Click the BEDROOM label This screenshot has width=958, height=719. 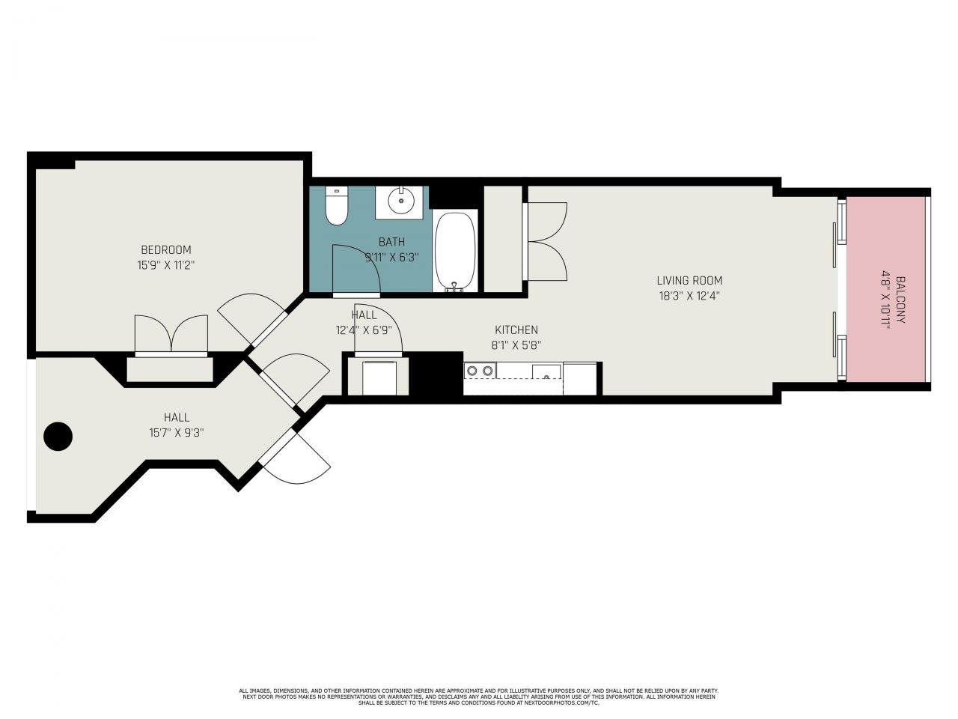tap(166, 249)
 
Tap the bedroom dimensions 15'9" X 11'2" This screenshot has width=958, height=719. tap(166, 264)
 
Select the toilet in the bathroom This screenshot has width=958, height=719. tap(337, 206)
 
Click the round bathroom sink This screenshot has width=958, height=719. tap(402, 200)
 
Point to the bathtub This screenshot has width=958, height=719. tap(455, 251)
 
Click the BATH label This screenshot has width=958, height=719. tap(391, 242)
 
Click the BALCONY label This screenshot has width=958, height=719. tap(900, 300)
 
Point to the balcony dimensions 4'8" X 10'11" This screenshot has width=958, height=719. tap(885, 300)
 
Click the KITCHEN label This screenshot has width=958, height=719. tap(516, 330)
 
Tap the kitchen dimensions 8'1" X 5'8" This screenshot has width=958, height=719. tap(516, 345)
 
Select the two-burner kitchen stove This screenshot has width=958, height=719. tap(480, 370)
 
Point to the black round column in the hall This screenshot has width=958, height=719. tap(58, 436)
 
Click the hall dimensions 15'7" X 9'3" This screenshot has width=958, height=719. tap(177, 432)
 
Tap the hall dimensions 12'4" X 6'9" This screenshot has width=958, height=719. tap(364, 329)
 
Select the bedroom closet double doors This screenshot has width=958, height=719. tap(171, 334)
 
